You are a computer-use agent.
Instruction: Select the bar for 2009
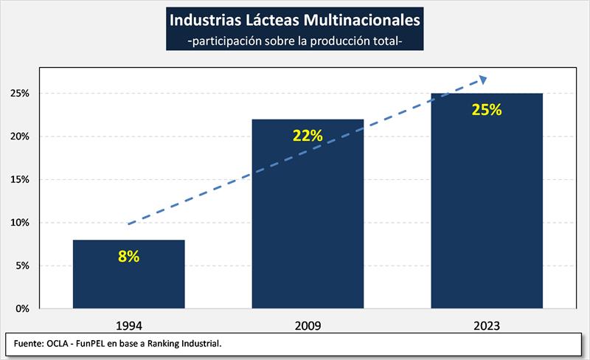(308, 221)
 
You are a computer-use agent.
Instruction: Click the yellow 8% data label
(129, 257)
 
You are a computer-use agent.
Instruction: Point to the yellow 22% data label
(308, 136)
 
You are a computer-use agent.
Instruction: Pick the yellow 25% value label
(487, 110)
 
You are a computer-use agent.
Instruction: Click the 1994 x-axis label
(129, 324)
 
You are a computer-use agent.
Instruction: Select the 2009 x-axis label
(308, 324)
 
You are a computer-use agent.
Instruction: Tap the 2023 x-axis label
(487, 324)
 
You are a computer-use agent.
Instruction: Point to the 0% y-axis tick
(21, 308)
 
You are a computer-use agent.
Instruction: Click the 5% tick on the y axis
(21, 266)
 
